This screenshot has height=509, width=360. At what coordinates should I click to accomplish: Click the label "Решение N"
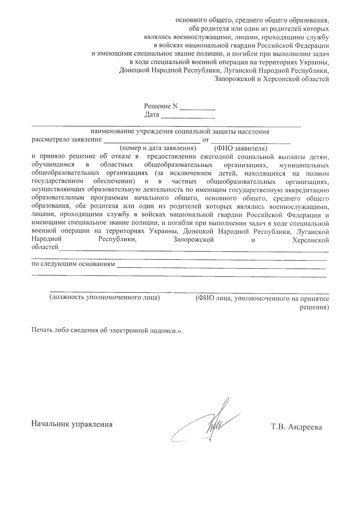[x=161, y=106]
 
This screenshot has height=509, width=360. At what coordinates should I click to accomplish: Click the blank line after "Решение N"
[x=197, y=108]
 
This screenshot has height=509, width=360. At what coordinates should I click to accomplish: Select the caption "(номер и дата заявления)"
[x=158, y=148]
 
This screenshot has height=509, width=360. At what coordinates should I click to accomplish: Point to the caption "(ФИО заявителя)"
[x=240, y=148]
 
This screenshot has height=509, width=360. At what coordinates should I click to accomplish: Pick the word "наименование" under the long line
[x=112, y=131]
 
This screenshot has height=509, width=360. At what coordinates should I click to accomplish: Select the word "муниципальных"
[x=304, y=165]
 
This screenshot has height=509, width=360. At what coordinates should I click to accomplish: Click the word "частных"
[x=184, y=182]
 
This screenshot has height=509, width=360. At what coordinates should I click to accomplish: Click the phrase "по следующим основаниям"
[x=73, y=264]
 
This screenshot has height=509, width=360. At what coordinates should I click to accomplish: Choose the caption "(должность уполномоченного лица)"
[x=104, y=297]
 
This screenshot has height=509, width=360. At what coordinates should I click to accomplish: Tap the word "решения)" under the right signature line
[x=314, y=307]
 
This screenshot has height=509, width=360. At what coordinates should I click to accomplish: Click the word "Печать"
[x=42, y=330]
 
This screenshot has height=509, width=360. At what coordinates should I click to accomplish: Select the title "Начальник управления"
[x=72, y=424]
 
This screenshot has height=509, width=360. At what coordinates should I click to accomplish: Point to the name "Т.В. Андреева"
[x=296, y=427]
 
